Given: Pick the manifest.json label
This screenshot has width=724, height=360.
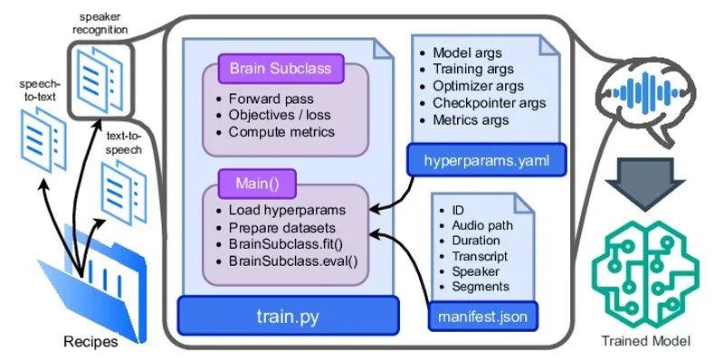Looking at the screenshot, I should click(x=482, y=317).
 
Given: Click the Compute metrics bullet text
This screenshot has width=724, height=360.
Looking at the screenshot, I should click(x=281, y=132).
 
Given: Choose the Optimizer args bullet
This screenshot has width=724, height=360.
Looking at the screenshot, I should click(x=477, y=86).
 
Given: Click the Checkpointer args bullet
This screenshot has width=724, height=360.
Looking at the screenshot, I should click(x=489, y=103).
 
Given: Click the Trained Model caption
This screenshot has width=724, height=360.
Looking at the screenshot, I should click(x=645, y=341).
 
